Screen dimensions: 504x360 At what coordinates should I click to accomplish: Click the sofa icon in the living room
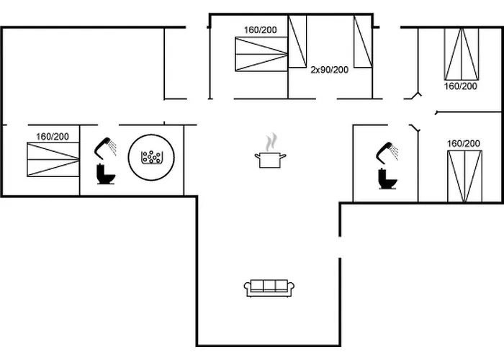[269, 288]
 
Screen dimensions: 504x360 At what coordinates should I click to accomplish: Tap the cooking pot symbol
[270, 160]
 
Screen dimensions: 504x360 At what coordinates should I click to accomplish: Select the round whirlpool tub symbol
[151, 157]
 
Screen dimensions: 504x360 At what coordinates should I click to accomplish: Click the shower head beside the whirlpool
[105, 148]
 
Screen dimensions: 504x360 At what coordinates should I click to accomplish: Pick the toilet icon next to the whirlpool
[106, 174]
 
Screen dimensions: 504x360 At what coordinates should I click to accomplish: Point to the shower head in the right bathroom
[387, 153]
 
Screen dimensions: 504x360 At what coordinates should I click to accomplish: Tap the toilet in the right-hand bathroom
[387, 179]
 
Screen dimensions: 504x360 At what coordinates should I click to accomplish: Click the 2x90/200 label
[330, 70]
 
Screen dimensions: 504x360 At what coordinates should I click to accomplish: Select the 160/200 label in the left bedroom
[53, 137]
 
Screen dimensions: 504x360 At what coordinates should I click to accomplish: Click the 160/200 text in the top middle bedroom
[261, 30]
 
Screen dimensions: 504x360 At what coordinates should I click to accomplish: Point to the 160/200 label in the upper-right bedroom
[461, 86]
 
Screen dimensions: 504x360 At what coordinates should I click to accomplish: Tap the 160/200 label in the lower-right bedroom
[464, 143]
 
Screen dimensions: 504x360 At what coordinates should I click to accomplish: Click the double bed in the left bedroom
[53, 159]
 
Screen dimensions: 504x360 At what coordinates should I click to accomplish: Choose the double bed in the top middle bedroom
[261, 54]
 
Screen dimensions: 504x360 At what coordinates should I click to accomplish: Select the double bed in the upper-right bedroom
[462, 54]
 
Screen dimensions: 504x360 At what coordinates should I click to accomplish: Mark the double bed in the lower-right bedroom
[465, 176]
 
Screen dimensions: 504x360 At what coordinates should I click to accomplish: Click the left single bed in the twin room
[297, 42]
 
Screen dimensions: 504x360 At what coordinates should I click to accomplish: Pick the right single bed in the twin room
[363, 42]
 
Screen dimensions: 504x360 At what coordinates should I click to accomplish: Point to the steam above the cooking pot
[271, 142]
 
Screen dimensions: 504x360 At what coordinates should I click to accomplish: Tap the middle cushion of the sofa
[269, 285]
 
